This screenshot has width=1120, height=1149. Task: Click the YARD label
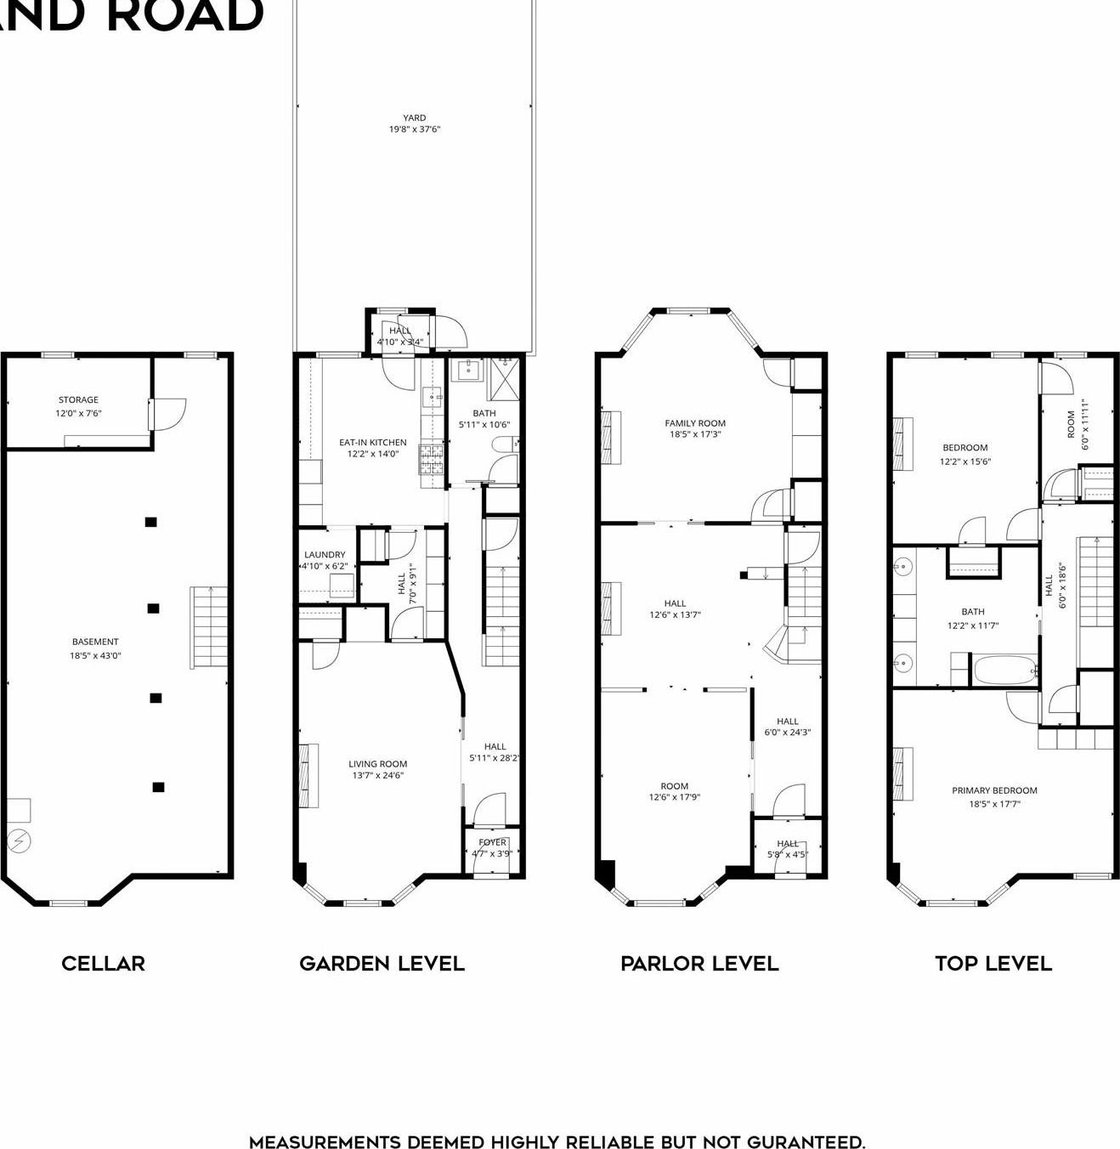coord(415,118)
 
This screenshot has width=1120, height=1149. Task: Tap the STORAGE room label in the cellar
coord(78,399)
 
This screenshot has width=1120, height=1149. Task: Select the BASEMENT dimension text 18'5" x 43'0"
coord(95,655)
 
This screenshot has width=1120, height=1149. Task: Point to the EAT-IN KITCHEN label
coord(372,442)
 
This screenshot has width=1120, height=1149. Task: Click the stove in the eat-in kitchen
coord(432,459)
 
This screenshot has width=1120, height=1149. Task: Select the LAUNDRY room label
coord(325,554)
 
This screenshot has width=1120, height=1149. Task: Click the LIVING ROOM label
coord(377,763)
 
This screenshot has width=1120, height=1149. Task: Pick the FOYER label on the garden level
coord(492,842)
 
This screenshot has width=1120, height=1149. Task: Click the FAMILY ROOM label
coord(695,422)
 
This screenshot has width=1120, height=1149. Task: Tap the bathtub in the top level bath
coord(1005,670)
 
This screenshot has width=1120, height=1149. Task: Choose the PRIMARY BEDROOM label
coord(994,790)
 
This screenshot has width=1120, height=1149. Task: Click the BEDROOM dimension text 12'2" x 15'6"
coord(964,461)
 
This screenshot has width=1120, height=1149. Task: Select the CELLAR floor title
coord(103,963)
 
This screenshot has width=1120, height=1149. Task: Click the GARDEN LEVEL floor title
coord(382,963)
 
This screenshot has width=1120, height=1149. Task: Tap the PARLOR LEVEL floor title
coord(699,963)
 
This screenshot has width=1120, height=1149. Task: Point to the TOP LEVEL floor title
coord(993,963)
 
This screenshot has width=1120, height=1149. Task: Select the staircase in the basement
coord(208,627)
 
